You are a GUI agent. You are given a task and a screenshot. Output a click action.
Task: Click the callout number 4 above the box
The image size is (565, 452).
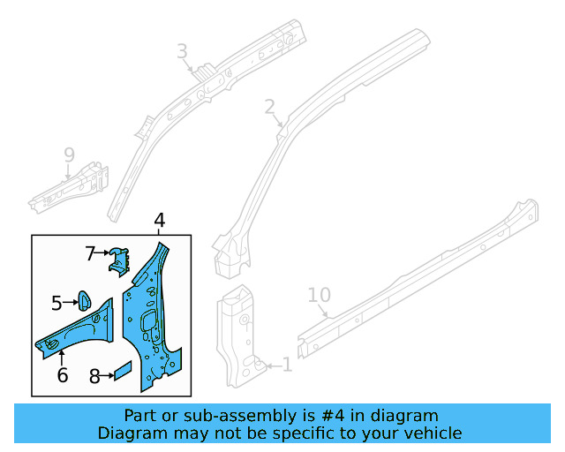pos(159,221)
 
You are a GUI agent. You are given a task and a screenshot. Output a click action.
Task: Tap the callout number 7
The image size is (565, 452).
pos(90,253)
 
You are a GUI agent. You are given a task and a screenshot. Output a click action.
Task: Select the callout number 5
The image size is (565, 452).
pos(56,304)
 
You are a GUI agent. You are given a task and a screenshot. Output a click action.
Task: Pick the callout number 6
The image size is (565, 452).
pos(62,375)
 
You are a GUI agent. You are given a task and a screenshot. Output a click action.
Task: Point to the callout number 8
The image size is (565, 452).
pos(94,376)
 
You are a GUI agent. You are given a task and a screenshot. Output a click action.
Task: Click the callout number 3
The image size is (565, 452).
pos(182,52)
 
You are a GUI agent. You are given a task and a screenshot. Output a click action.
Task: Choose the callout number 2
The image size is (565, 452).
pos(269,107)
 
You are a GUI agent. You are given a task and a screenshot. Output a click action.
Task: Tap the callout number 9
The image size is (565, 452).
pos(69,156)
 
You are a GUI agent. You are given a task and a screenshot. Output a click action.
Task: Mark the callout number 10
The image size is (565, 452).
pos(319,295)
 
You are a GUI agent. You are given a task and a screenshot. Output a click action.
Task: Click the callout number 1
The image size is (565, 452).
pos(285,364)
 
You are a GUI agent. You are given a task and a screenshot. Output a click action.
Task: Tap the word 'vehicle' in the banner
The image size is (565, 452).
pos(431,433)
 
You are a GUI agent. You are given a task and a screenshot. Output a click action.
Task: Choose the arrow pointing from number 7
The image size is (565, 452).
pos(102,253)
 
